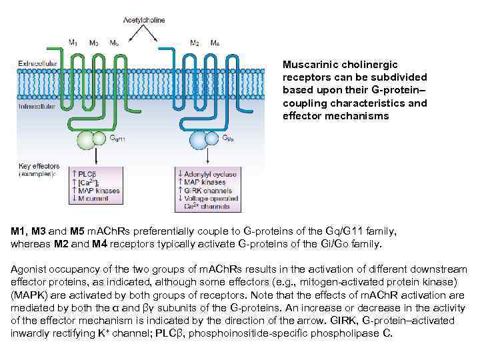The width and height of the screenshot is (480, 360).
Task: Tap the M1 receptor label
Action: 73,43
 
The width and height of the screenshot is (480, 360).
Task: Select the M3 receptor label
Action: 94,43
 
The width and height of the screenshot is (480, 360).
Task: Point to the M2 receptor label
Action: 194,43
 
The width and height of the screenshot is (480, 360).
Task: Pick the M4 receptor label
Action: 215,43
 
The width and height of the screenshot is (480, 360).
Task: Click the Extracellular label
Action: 37,64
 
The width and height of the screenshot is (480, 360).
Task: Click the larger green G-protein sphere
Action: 86,140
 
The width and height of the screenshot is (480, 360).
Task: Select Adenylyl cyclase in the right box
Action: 210,173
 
